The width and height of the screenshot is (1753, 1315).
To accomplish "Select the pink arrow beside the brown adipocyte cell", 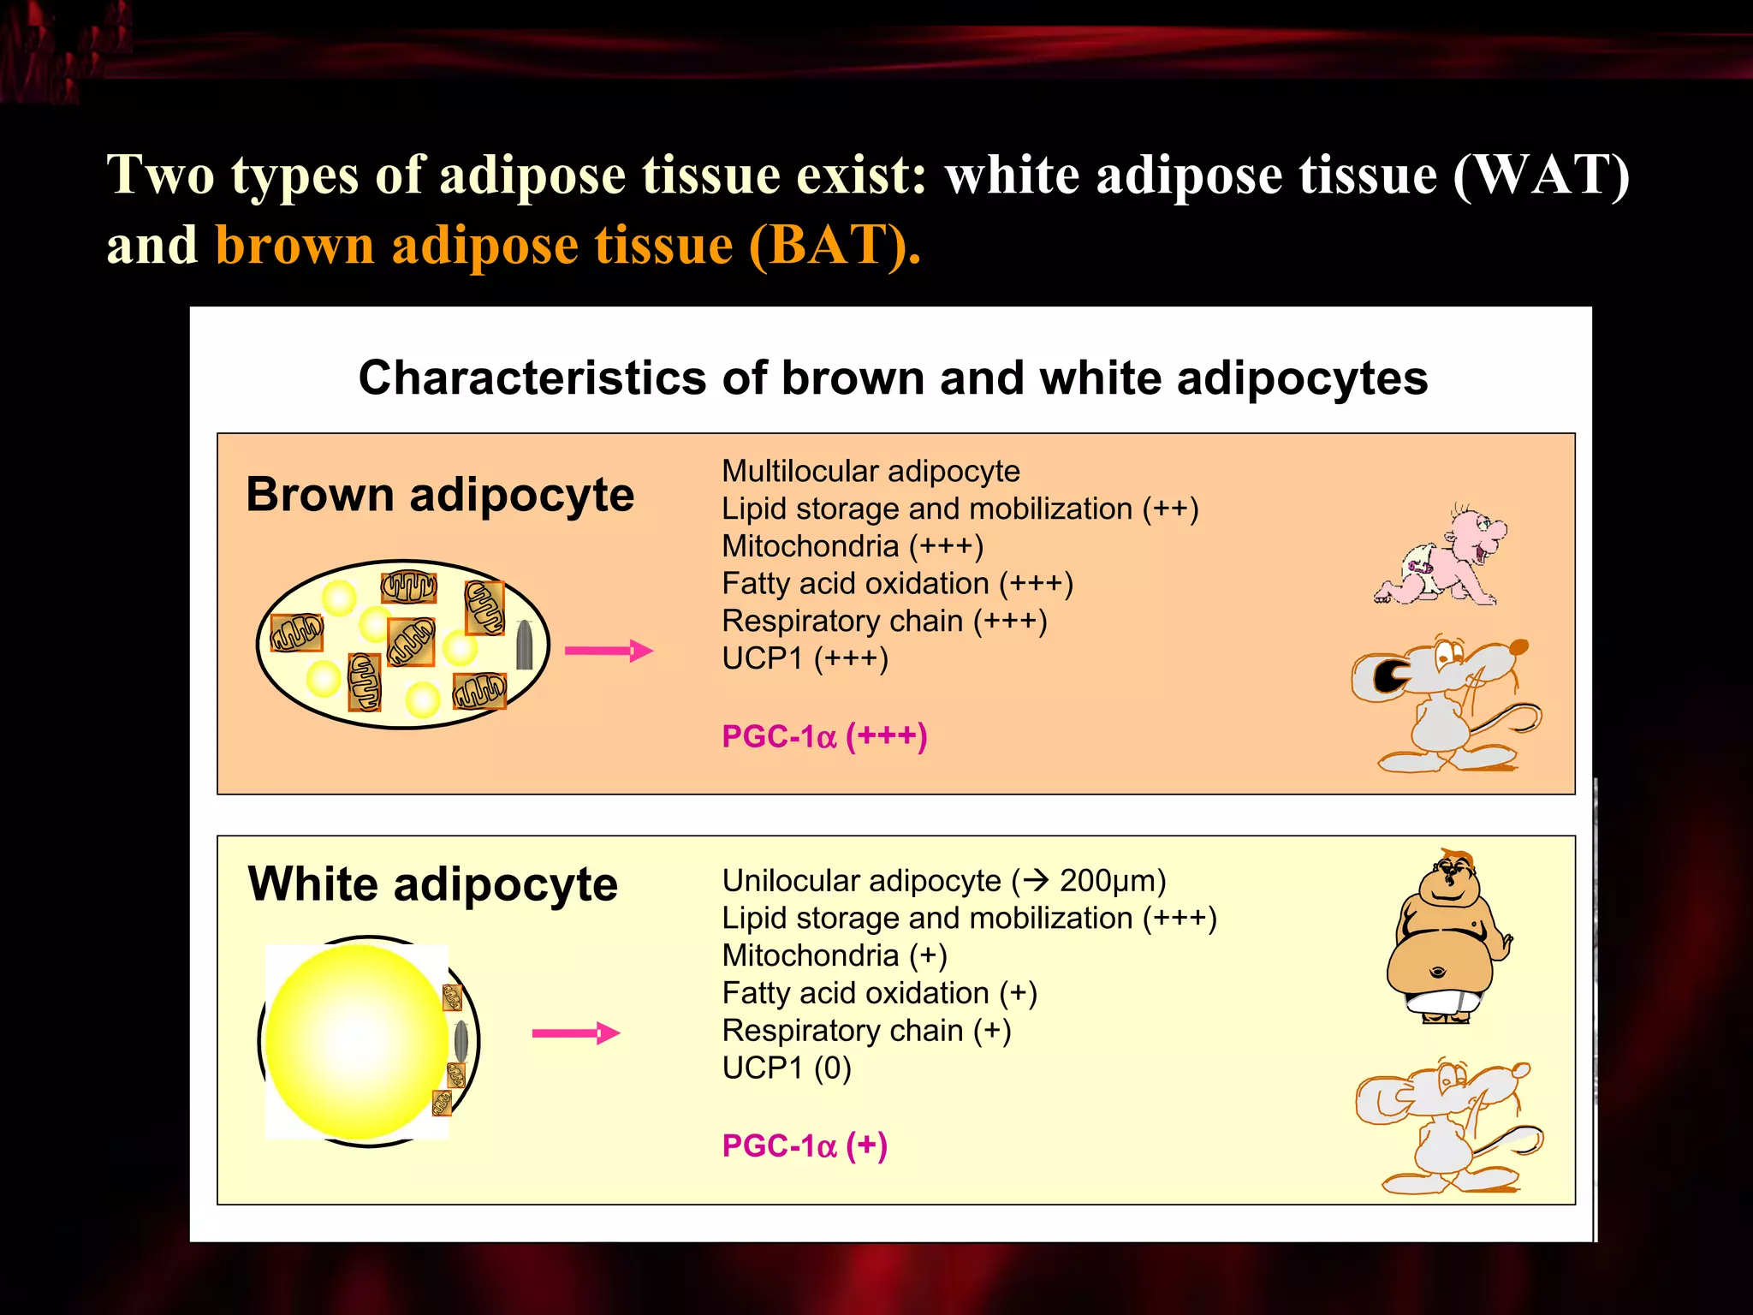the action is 609,651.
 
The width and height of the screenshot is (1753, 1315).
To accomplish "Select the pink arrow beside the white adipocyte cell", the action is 575,1033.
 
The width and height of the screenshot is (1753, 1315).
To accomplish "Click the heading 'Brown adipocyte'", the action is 440,495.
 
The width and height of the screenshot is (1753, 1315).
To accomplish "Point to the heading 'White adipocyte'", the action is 432,884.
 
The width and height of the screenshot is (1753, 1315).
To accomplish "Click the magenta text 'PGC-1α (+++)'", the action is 824,736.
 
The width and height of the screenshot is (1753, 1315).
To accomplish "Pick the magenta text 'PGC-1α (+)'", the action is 805,1145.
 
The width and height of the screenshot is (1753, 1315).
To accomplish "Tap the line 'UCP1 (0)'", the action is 787,1068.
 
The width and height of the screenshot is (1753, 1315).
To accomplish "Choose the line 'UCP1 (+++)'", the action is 805,658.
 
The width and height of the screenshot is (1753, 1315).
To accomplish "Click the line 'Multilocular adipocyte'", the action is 871,471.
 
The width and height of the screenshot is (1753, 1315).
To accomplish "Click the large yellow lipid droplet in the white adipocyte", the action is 355,1041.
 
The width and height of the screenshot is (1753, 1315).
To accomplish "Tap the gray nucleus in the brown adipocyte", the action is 525,645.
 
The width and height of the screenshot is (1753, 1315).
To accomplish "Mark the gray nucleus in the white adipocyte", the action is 461,1040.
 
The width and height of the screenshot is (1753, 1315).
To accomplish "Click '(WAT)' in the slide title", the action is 1541,176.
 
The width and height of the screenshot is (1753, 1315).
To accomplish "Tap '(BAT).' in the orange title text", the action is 835,246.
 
